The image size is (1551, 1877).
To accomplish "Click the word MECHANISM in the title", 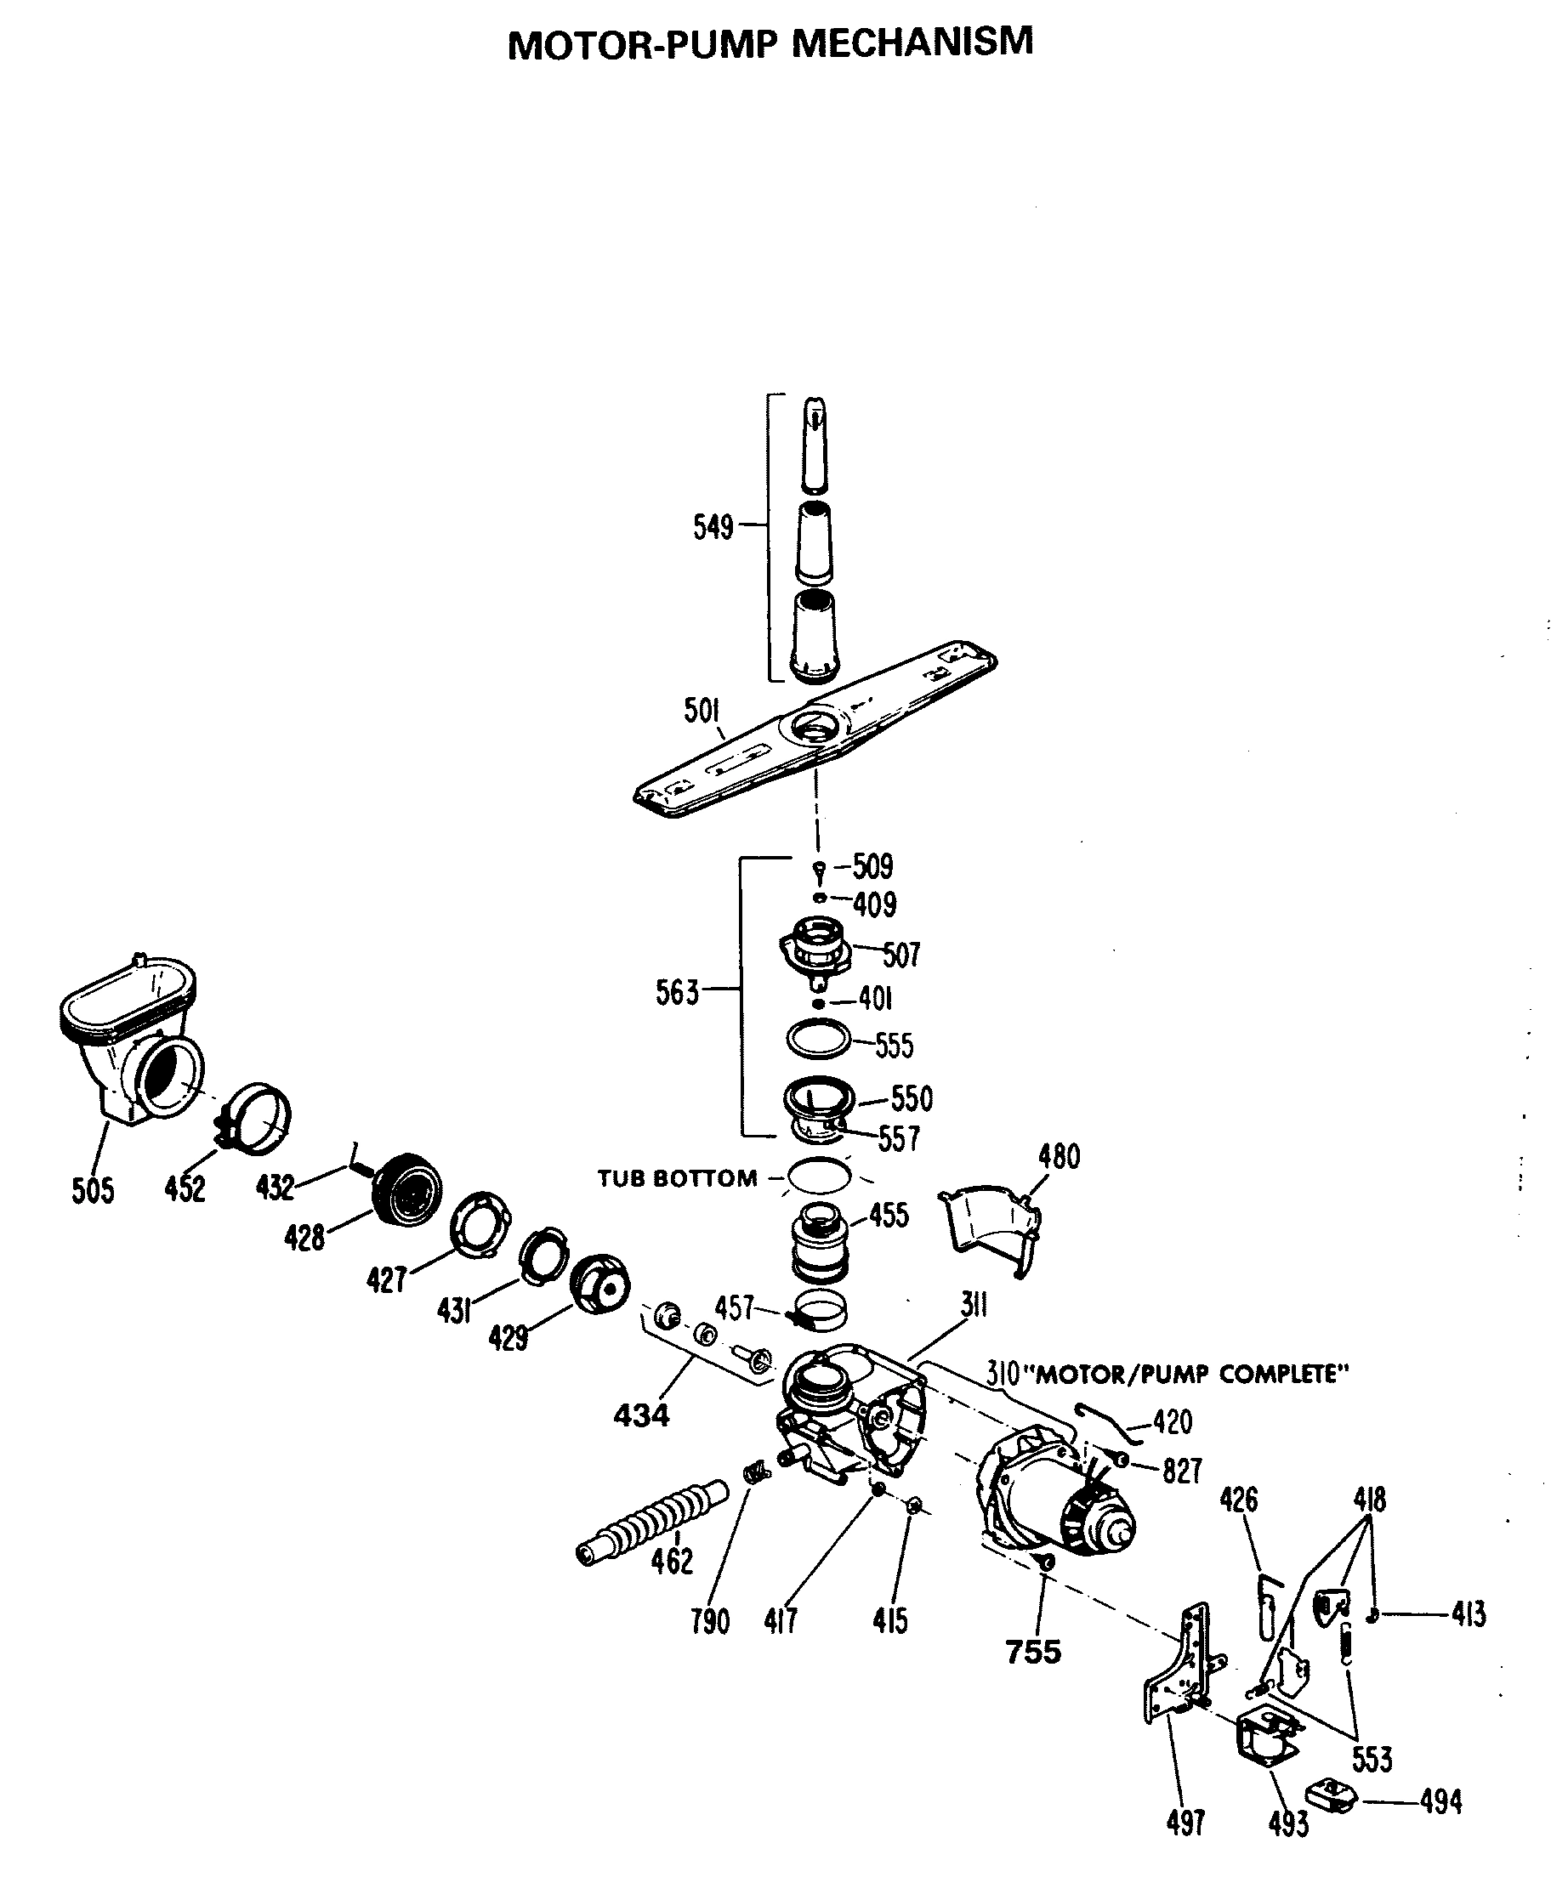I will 912,43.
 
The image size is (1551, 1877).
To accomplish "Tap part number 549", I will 712,527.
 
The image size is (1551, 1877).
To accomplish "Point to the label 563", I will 676,992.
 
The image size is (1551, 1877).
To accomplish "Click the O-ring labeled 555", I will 817,1038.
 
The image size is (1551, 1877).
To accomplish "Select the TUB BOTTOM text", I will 677,1179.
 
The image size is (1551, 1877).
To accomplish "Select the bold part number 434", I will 640,1415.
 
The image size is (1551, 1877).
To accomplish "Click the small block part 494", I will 1332,1795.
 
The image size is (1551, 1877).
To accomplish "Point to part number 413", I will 1468,1613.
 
